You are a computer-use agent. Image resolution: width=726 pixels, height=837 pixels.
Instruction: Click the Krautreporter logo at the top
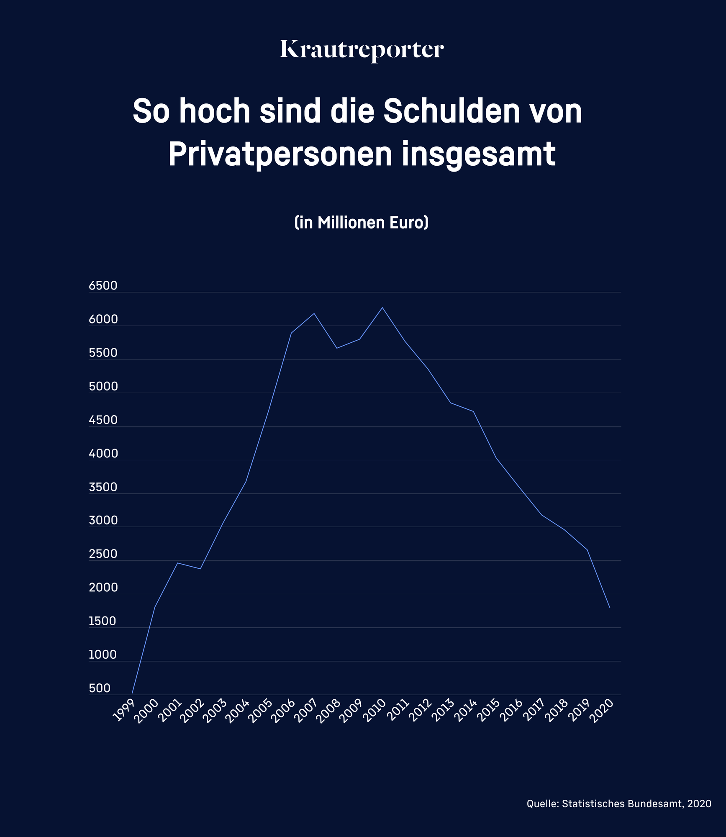(x=362, y=50)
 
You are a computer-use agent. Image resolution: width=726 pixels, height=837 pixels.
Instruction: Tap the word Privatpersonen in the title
(x=280, y=154)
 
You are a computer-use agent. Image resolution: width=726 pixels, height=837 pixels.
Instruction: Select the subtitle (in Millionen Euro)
(x=362, y=222)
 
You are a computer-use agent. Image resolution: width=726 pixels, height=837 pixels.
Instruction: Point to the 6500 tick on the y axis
(x=103, y=286)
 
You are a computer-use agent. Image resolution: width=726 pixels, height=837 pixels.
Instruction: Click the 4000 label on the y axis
(x=103, y=454)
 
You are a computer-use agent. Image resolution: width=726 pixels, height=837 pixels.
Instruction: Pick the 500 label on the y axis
(x=100, y=688)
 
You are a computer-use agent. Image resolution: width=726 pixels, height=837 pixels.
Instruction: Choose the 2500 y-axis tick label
(x=103, y=555)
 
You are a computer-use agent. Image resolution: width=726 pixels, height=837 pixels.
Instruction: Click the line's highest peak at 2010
(x=382, y=308)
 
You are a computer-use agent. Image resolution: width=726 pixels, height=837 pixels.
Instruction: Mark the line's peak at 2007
(x=314, y=313)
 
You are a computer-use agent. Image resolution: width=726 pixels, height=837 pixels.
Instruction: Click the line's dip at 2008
(x=337, y=348)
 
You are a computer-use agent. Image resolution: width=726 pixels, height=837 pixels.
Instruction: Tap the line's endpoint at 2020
(x=610, y=608)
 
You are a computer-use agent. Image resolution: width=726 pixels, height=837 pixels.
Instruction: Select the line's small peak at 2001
(x=177, y=563)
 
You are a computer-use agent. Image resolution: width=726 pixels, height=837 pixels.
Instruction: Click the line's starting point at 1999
(x=132, y=693)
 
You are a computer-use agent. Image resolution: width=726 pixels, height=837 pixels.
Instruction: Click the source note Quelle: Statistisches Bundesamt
(x=618, y=804)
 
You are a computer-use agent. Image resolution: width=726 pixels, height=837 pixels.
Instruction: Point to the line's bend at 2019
(x=587, y=549)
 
